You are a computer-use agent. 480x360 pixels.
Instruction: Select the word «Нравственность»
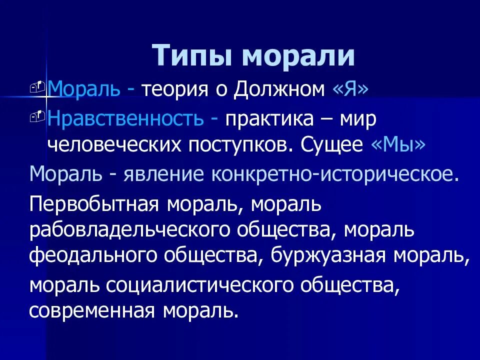[125, 119]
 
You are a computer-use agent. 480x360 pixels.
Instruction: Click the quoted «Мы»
[398, 144]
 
